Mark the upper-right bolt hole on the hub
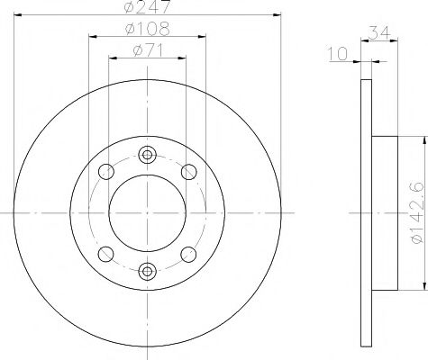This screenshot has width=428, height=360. [x=188, y=171]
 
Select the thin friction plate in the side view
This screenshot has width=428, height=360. [x=365, y=211]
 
